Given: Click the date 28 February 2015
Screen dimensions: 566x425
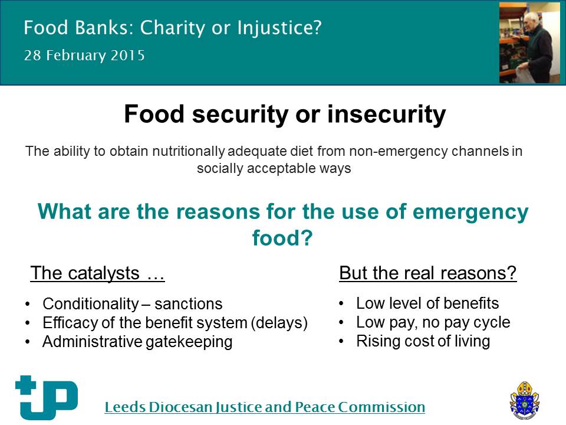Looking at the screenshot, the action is pos(84,55).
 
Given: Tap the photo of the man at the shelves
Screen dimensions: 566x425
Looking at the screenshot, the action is pos(529,42).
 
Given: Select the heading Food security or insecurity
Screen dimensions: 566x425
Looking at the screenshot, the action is pos(285,114).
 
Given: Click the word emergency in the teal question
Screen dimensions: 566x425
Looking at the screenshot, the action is pos(470,212).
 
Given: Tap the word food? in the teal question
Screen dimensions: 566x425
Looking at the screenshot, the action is pos(282,238).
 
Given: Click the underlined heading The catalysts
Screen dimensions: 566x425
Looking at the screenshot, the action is pos(97,273).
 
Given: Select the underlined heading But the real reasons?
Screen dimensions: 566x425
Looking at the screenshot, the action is pos(428,273).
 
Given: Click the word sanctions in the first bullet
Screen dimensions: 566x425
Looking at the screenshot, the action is pos(189,304).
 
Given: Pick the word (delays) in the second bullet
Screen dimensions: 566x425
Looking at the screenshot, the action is pos(279,323).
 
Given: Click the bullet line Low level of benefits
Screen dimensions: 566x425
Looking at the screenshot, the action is pos(427,303).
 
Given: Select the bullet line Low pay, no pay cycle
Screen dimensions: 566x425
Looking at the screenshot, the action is pos(433,322).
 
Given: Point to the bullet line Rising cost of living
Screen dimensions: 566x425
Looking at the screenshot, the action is pos(423,341).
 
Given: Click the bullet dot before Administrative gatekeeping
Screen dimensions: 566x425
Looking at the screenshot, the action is pos(28,342).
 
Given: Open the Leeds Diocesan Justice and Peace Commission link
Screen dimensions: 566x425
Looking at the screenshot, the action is pos(265,407).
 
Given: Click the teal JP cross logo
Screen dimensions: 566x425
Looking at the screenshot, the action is pos(46,397).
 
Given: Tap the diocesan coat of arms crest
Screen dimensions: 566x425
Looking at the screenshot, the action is pos(525,400).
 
